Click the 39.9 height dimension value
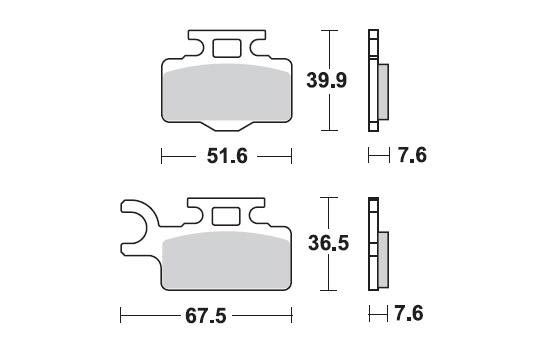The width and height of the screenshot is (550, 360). (327, 80)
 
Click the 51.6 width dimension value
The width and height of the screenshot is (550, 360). (227, 156)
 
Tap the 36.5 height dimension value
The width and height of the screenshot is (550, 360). (328, 243)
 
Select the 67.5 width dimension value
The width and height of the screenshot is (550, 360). (206, 316)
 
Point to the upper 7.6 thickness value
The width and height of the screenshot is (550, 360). (412, 155)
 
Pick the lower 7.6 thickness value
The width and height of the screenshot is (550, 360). (409, 313)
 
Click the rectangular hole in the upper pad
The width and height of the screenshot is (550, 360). (227, 48)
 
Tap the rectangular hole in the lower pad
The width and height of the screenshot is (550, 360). (226, 216)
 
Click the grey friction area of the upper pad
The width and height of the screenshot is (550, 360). (227, 93)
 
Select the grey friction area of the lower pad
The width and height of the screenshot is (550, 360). (227, 260)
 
